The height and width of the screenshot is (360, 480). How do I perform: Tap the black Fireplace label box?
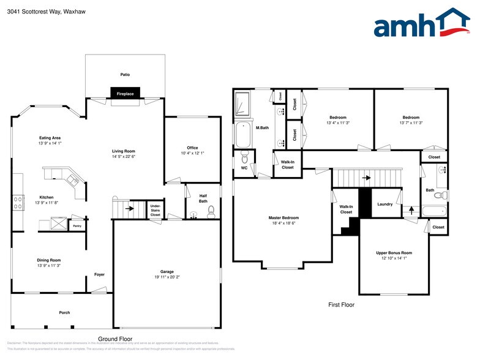tap(126, 93)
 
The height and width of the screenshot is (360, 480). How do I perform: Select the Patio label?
tap(125, 75)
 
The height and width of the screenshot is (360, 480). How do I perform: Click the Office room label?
tap(192, 148)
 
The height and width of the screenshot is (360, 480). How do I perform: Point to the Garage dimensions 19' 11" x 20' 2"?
tap(167, 277)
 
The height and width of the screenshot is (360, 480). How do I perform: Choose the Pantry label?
tap(77, 226)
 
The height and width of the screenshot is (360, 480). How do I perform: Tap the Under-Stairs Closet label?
tap(156, 210)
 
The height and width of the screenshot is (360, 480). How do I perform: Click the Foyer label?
tap(99, 274)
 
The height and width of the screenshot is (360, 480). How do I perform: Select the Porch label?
tap(64, 312)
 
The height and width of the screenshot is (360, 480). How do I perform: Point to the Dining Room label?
tap(48, 260)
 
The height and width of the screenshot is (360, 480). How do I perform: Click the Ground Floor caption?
tap(115, 339)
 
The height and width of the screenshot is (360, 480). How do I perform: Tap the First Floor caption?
tap(341, 304)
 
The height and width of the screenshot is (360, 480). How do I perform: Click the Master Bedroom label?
tap(283, 218)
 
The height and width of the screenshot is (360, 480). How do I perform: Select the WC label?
tap(244, 168)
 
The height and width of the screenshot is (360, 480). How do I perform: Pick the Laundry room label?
tap(384, 204)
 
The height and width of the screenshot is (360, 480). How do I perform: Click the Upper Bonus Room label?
tap(394, 252)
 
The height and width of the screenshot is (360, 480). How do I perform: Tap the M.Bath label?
tap(262, 127)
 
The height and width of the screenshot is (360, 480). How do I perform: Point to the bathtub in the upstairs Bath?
tap(435, 212)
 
